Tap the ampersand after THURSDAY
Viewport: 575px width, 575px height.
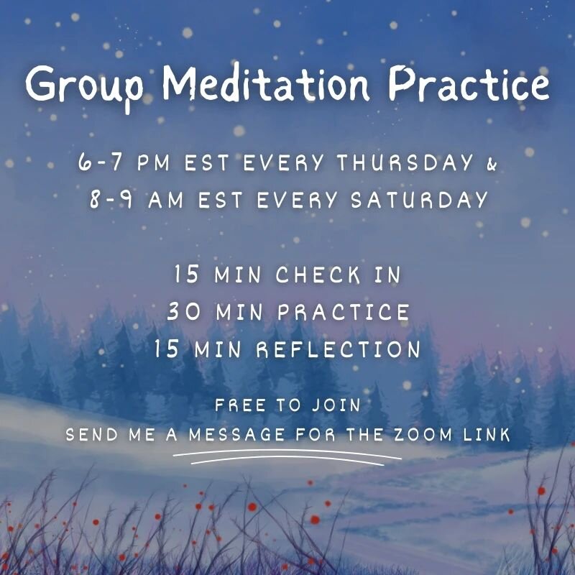(x=492, y=163)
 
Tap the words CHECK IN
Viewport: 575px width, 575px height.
(x=338, y=275)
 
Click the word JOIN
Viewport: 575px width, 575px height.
(x=336, y=405)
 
